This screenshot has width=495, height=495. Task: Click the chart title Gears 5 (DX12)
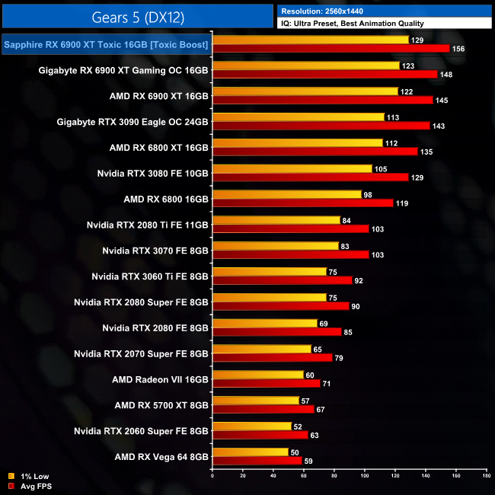[138, 17]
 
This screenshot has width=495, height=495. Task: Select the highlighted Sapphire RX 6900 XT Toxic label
[106, 45]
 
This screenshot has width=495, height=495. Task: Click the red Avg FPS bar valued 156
[331, 49]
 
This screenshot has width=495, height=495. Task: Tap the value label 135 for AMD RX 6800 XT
[426, 152]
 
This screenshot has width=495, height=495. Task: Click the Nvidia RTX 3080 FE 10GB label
[152, 173]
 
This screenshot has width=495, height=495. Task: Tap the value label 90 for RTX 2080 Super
[356, 307]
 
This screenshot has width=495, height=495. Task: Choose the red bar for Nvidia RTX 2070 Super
[273, 358]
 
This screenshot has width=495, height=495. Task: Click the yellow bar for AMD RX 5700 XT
[256, 401]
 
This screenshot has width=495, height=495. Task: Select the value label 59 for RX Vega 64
[309, 461]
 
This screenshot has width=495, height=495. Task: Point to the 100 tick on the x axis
[365, 477]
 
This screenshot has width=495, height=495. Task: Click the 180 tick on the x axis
[486, 477]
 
